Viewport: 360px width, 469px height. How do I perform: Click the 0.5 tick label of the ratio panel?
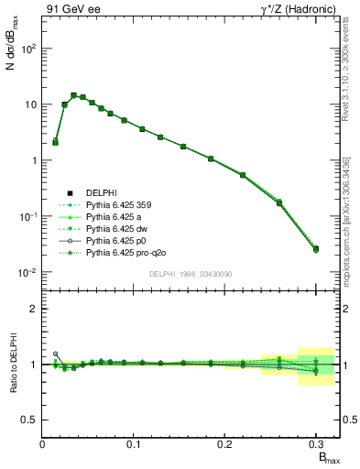point(29,420)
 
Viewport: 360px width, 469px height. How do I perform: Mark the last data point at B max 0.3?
point(316,248)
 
